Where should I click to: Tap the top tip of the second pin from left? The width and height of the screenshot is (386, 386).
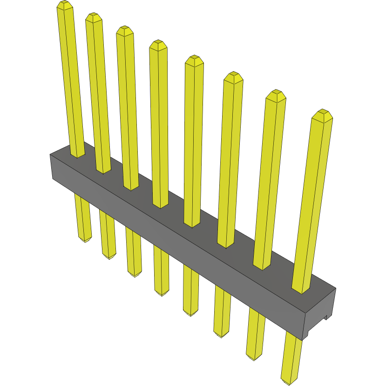click(x=94, y=17)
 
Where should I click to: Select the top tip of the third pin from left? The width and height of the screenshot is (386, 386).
click(x=125, y=30)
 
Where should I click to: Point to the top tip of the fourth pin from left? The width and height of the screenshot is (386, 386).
click(x=158, y=45)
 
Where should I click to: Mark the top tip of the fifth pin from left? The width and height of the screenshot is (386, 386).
click(x=194, y=60)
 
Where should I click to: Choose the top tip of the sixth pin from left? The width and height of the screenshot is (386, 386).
click(x=233, y=76)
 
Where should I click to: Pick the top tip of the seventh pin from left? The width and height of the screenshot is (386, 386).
click(x=276, y=95)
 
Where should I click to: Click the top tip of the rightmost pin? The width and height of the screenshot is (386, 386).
click(x=322, y=114)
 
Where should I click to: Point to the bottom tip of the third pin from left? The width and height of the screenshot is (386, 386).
click(x=135, y=275)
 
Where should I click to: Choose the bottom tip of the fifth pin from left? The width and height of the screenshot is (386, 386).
click(x=190, y=314)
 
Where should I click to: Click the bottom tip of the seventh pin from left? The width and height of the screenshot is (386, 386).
click(x=253, y=358)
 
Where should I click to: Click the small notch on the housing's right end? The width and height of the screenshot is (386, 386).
click(x=327, y=318)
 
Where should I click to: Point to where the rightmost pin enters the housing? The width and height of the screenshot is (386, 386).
click(x=301, y=290)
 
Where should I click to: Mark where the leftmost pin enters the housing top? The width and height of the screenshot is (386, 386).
click(x=78, y=156)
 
